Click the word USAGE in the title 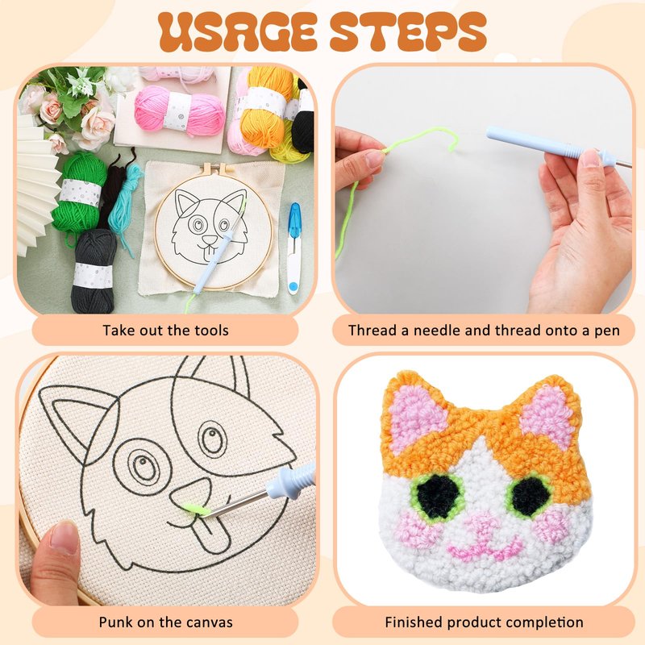(237, 32)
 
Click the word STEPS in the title (409, 32)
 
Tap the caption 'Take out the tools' (165, 331)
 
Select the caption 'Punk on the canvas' (165, 622)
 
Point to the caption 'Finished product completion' (485, 622)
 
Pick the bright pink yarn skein (179, 111)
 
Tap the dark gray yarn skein (94, 272)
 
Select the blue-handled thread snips (293, 248)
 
